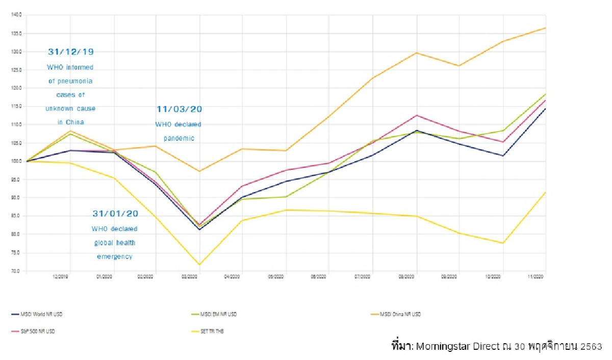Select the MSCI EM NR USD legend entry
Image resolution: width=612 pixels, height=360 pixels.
point(218,314)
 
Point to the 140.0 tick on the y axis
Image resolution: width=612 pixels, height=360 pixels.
point(17,15)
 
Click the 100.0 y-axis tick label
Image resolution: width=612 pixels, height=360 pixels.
point(17,161)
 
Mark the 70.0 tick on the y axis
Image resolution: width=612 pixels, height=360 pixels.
point(17,271)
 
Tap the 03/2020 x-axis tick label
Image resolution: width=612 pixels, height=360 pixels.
point(190,277)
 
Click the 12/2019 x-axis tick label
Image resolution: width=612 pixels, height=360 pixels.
point(61,277)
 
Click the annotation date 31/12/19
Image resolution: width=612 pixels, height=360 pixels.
point(71,52)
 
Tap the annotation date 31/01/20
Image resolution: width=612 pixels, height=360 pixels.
point(115,213)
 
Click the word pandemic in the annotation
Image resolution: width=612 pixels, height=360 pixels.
point(178,138)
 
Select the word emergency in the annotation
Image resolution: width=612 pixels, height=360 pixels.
point(115,256)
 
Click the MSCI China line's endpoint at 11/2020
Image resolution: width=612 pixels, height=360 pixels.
point(546,28)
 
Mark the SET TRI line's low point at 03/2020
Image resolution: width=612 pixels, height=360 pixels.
point(199,265)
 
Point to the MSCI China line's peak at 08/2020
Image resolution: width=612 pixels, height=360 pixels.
point(417,53)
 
